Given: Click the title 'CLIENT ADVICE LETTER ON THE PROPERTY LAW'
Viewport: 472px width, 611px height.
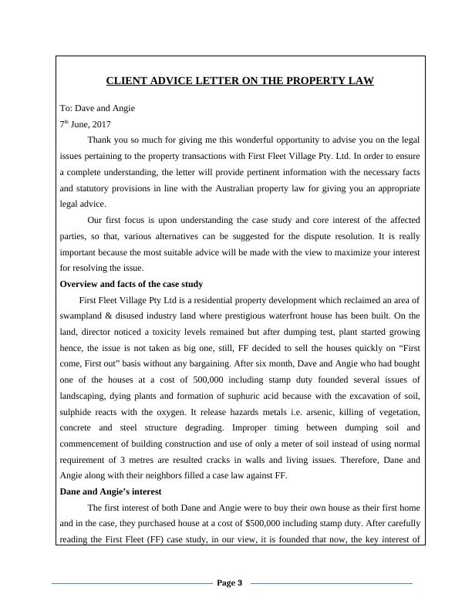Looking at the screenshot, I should (x=239, y=81).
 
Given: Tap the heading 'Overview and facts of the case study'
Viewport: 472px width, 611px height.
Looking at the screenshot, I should (x=131, y=285).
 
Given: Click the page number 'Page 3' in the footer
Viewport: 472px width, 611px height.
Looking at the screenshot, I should (x=230, y=583).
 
